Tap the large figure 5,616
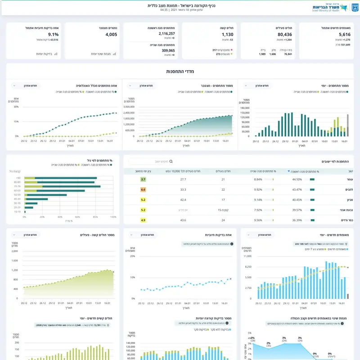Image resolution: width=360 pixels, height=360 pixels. [x=344, y=35]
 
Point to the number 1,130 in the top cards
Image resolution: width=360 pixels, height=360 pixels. [x=227, y=35]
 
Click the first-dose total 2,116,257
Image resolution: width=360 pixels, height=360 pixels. [x=166, y=33]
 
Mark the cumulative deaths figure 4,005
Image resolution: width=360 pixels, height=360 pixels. [x=111, y=35]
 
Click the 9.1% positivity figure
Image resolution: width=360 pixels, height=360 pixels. [x=53, y=35]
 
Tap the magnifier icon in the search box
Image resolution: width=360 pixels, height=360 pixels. [x=171, y=161]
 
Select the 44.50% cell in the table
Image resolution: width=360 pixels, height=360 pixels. [x=297, y=179]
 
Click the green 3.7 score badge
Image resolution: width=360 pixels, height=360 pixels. [x=143, y=179]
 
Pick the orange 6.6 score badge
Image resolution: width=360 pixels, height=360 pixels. [x=143, y=190]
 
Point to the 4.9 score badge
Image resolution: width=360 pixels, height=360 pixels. [x=143, y=220]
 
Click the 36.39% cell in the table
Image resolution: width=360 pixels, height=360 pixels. [x=297, y=220]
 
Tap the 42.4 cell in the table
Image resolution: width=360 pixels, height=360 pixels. [x=183, y=200]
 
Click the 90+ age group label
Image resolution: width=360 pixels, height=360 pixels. [x=18, y=178]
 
